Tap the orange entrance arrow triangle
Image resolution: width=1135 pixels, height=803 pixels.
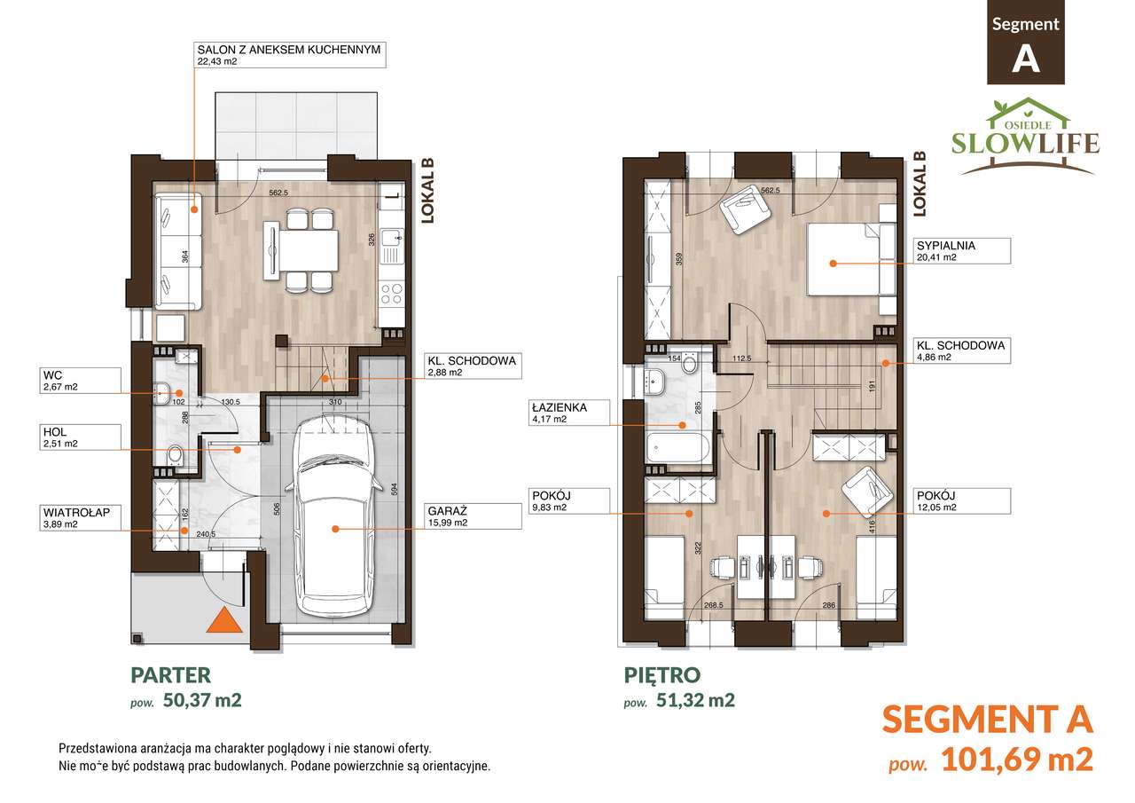point(224,621)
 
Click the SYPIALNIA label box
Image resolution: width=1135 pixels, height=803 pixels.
point(962,251)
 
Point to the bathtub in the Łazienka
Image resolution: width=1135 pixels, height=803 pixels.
point(678,447)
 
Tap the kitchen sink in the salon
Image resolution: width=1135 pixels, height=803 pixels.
point(392,239)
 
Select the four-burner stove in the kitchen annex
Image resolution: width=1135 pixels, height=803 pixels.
point(391,294)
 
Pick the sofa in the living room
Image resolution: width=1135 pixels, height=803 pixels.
point(178,251)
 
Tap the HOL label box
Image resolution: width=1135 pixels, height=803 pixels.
point(80,437)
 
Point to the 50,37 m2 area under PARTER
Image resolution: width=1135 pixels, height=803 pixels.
point(202,700)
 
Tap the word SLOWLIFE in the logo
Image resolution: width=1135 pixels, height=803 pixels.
point(1025,143)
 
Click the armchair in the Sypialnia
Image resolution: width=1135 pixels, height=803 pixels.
point(746,209)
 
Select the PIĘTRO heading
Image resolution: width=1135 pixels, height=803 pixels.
point(662,674)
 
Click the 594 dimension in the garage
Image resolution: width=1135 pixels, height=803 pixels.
point(394,489)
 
